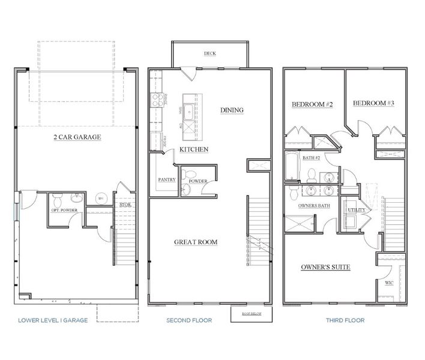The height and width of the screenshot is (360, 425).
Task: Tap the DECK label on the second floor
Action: click(209, 53)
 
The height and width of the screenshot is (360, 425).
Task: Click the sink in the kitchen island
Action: click(189, 110)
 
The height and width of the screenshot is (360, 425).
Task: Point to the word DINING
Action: click(232, 110)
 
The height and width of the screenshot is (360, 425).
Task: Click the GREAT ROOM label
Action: click(196, 242)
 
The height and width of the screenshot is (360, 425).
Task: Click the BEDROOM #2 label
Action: click(312, 104)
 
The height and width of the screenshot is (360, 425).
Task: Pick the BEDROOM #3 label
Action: click(373, 103)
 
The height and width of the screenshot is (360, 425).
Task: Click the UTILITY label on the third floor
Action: click(354, 210)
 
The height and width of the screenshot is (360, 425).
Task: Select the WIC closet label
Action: click(389, 282)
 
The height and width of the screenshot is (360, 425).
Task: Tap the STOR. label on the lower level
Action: click(125, 205)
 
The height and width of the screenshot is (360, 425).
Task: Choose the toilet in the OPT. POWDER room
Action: click(58, 199)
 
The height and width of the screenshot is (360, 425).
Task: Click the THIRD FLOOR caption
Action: click(346, 320)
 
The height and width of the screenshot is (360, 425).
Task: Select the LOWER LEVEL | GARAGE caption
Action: click(53, 320)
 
